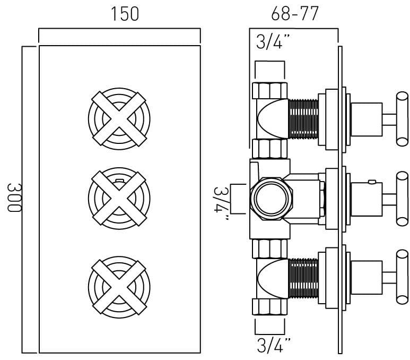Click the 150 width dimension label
tap(125, 14)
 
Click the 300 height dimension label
tap(14, 198)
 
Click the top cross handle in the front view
tap(119, 119)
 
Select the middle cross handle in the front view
tap(119, 199)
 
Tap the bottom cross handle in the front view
tap(119, 287)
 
